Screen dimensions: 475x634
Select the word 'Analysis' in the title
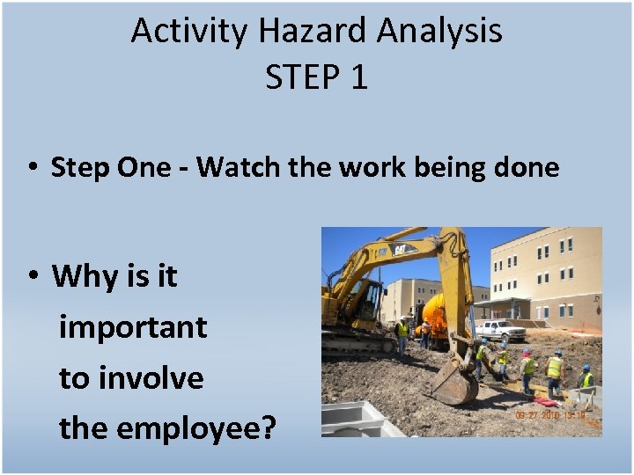coord(439,31)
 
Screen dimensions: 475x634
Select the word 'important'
coord(132,327)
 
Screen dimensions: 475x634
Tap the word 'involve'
coord(151,378)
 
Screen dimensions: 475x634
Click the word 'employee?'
coord(196,428)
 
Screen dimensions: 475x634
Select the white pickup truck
coord(498,331)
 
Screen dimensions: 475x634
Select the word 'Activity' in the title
coord(189,31)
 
